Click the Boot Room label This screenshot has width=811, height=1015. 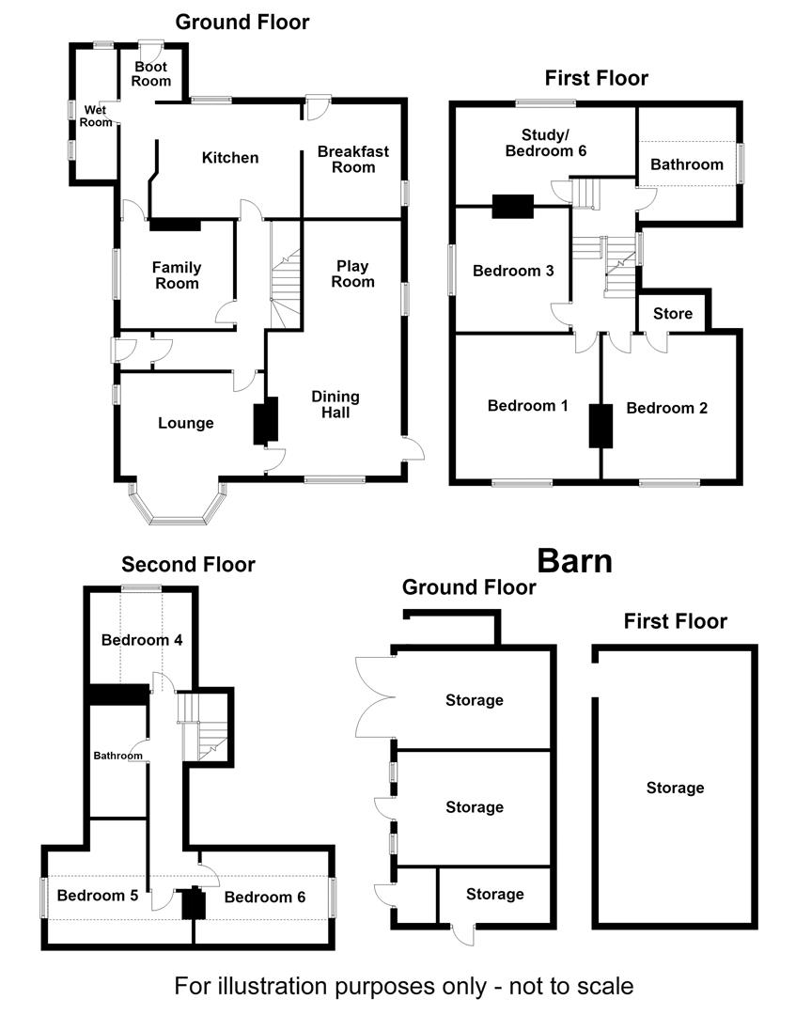pyautogui.click(x=151, y=74)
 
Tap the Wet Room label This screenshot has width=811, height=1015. pyautogui.click(x=96, y=116)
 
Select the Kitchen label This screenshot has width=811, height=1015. pyautogui.click(x=230, y=158)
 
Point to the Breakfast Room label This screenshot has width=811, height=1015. pyautogui.click(x=353, y=159)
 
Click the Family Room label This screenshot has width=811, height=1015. pyautogui.click(x=177, y=275)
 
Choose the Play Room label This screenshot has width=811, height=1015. pyautogui.click(x=352, y=273)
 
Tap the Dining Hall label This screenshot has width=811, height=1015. pyautogui.click(x=335, y=404)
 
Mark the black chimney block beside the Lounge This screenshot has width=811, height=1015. pyautogui.click(x=265, y=421)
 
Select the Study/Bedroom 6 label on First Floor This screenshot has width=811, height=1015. pyautogui.click(x=546, y=143)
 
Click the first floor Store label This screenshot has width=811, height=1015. pyautogui.click(x=673, y=314)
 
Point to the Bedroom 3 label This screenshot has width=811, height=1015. pyautogui.click(x=513, y=272)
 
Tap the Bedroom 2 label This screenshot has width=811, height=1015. pyautogui.click(x=666, y=409)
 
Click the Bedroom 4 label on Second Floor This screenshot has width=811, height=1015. pyautogui.click(x=142, y=640)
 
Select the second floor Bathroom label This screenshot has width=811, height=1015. pyautogui.click(x=117, y=756)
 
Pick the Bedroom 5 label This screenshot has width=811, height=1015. pyautogui.click(x=98, y=896)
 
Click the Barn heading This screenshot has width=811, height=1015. pyautogui.click(x=575, y=561)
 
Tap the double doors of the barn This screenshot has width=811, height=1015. pyautogui.click(x=375, y=697)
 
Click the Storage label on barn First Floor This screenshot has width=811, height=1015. pyautogui.click(x=675, y=789)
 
